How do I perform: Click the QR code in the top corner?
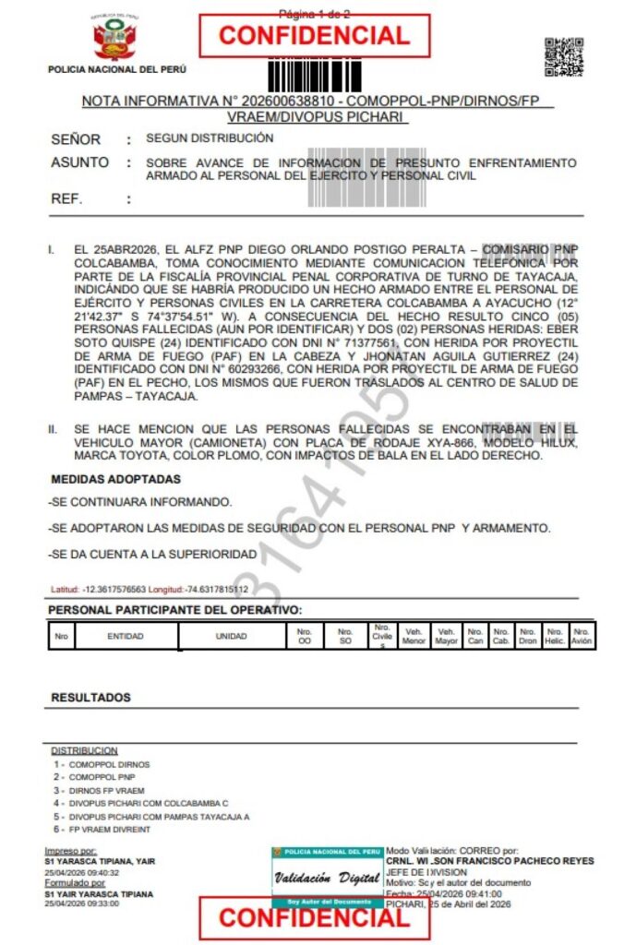pos(563,56)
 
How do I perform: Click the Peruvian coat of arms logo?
pos(115,40)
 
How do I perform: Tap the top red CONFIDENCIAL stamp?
pos(314,36)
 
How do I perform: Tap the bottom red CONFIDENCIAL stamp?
pos(314,917)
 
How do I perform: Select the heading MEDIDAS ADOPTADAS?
pos(115,480)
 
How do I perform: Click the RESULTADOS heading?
pos(90,698)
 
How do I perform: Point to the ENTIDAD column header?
pos(126,636)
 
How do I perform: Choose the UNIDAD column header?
pos(231,636)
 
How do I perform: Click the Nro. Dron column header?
pos(528,636)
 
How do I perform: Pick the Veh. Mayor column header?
pos(447,636)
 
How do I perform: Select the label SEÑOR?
pos(76,140)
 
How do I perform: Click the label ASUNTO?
pos(79,163)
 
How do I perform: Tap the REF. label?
pos(66,198)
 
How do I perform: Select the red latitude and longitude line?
pos(149,589)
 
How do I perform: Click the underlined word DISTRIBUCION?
pos(84,751)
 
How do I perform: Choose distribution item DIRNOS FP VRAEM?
pos(106,791)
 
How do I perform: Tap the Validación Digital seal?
pos(327,877)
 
